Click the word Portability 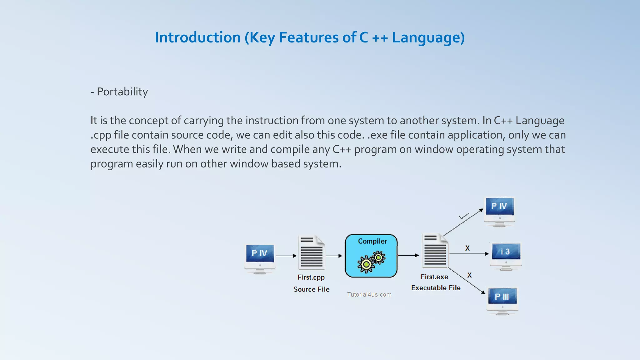coord(122,92)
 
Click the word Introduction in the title coord(197,37)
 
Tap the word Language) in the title coord(428,37)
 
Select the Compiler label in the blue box coord(372,241)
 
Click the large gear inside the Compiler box coord(366,264)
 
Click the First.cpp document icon coord(312,253)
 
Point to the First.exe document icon coord(435,251)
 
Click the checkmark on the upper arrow coord(464,216)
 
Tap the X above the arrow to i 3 coord(467,248)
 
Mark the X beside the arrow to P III coord(469,275)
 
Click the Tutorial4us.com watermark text coord(369,294)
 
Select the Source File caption coord(311,289)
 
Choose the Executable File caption coord(436,288)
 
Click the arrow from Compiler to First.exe coord(408,255)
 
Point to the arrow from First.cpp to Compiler coord(334,256)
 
